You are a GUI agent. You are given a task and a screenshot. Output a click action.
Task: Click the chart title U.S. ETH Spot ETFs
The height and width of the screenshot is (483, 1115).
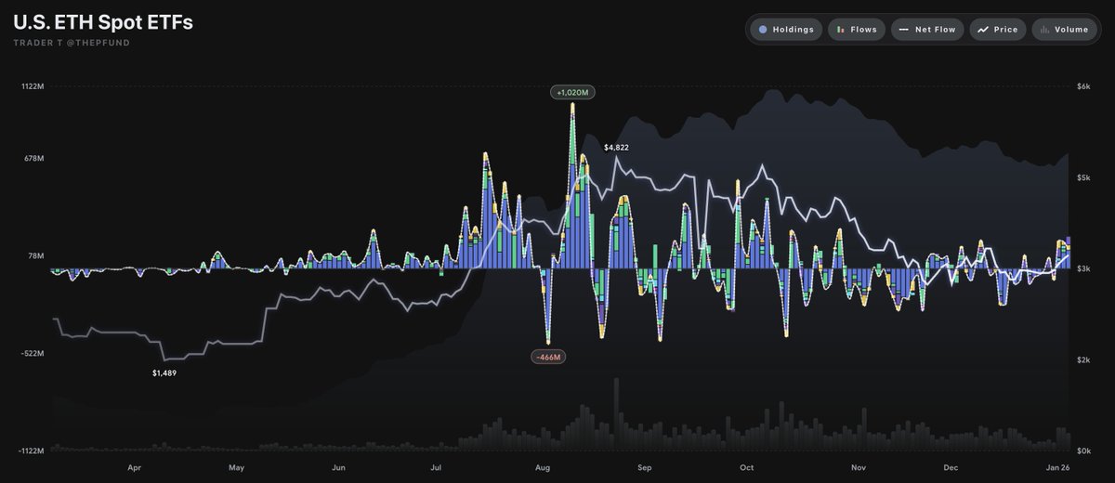[103, 22]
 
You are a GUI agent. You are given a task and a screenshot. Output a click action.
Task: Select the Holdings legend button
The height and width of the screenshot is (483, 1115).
[785, 30]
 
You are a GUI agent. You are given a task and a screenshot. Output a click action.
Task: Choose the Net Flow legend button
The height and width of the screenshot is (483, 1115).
[926, 30]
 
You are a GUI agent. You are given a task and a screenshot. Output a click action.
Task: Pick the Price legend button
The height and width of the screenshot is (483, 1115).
[998, 30]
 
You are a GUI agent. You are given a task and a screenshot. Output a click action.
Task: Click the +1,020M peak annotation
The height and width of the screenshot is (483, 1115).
[572, 93]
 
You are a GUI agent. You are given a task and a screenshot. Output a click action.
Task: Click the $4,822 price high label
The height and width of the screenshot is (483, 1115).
[616, 148]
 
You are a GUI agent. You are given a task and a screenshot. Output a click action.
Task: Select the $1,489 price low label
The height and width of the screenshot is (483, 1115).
[164, 372]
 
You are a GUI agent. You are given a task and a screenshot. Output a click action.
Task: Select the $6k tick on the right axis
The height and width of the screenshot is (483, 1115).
[1083, 86]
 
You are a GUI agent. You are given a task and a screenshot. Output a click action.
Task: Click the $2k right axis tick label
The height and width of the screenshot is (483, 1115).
[1083, 359]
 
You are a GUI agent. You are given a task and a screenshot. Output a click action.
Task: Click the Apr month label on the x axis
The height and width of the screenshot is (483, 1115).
[134, 468]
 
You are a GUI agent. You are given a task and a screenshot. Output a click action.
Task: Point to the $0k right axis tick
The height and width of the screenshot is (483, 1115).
[1083, 450]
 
